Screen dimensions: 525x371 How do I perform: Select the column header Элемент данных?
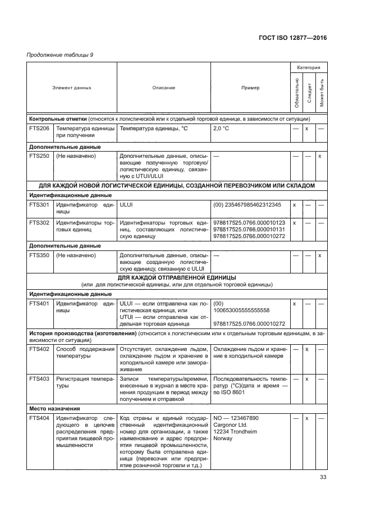(72, 88)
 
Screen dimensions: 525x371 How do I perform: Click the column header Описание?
(163, 88)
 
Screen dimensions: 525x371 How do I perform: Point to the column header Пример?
(250, 88)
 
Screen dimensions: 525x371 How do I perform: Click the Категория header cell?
(308, 68)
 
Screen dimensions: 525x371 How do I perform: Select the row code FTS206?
(39, 129)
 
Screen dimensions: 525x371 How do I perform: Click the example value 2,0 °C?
(222, 129)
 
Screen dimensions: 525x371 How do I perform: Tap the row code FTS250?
(39, 156)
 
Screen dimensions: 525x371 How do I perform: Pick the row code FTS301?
(39, 206)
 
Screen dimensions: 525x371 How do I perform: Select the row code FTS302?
(39, 223)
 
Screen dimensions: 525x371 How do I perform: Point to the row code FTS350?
(39, 255)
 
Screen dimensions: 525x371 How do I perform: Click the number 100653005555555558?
(242, 310)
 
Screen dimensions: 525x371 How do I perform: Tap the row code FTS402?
(39, 349)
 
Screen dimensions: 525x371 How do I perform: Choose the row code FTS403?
(39, 379)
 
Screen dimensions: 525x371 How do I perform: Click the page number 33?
(323, 477)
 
